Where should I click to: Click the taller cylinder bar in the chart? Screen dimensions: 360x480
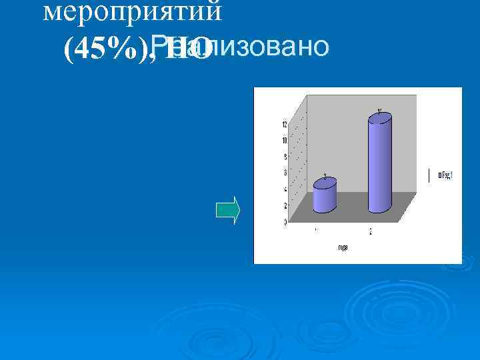(380, 167)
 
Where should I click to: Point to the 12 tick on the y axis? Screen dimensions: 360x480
(285, 125)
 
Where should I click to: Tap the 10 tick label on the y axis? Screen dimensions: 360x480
(285, 141)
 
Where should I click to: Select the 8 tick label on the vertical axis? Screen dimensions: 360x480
(285, 157)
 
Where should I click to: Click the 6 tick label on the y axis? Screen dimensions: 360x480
(285, 173)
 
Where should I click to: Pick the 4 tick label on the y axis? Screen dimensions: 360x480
(285, 189)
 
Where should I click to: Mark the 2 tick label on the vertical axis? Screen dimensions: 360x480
(285, 205)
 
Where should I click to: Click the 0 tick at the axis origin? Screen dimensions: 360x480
(285, 221)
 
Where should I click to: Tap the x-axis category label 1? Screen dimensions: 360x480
(315, 231)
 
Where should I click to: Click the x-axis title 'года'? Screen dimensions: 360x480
(343, 248)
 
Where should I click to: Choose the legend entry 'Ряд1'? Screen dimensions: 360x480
(446, 176)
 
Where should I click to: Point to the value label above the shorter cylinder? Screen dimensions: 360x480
(325, 177)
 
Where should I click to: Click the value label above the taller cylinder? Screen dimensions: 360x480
(379, 110)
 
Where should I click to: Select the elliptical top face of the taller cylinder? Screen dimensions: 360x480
(380, 119)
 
